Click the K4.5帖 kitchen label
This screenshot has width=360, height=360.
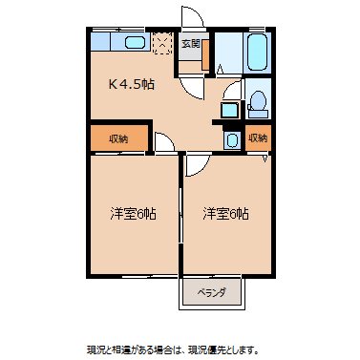132,84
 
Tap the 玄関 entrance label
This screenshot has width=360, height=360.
190,43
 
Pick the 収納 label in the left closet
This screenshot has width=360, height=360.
117,138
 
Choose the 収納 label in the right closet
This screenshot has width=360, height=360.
257,138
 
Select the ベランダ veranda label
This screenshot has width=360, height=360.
211,294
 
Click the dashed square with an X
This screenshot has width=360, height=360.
163,43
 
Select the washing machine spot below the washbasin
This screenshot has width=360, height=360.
232,139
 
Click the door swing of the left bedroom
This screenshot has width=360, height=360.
163,145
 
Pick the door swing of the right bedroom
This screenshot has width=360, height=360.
194,162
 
